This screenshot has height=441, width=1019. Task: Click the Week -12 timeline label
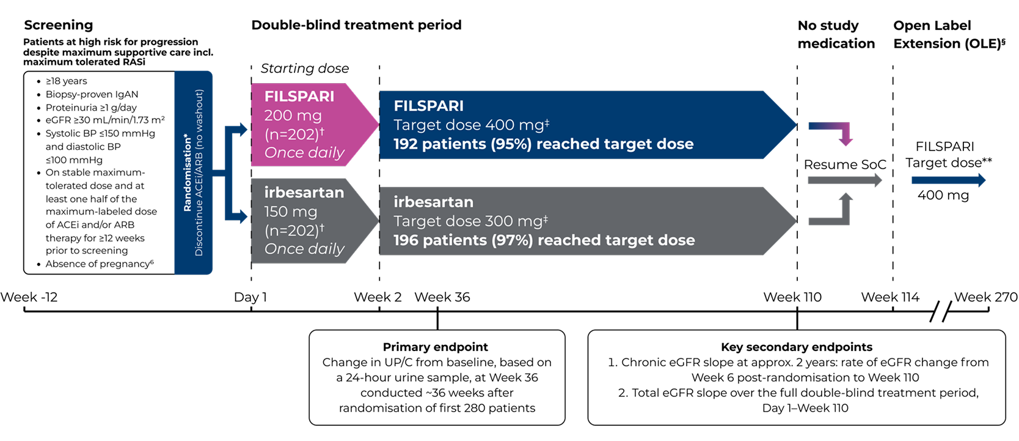click(29, 297)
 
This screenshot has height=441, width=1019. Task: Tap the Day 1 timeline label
click(250, 297)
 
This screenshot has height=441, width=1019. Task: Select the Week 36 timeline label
click(442, 297)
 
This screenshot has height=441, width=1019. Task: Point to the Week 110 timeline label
click(792, 297)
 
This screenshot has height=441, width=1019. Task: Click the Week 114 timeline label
click(890, 297)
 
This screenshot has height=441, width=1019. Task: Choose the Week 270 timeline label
click(986, 297)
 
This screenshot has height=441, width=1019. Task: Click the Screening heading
click(58, 25)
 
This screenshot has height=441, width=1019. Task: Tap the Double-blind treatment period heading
click(356, 24)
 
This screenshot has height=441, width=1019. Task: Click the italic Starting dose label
click(304, 69)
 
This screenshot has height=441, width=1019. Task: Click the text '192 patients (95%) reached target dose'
click(544, 144)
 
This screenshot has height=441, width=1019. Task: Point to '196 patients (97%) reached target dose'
click(544, 240)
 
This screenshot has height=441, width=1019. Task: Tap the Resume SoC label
click(845, 165)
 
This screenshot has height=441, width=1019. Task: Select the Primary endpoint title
click(436, 347)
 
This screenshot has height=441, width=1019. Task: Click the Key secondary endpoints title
click(797, 347)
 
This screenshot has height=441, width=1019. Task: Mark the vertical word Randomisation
click(187, 172)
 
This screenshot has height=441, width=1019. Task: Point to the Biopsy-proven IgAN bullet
click(92, 94)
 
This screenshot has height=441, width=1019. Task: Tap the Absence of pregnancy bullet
click(99, 264)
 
